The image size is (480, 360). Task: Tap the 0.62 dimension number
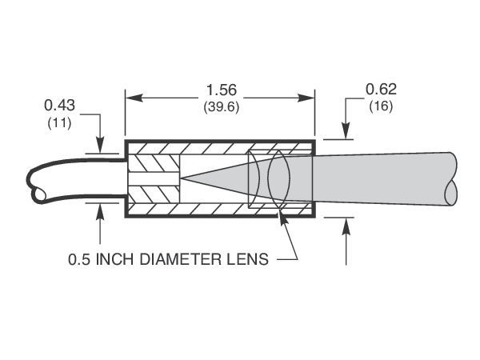(381, 89)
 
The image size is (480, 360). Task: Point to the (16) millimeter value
(381, 106)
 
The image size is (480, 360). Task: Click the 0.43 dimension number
(58, 105)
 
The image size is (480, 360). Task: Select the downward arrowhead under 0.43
(100, 145)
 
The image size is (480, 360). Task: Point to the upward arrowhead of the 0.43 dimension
(100, 210)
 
